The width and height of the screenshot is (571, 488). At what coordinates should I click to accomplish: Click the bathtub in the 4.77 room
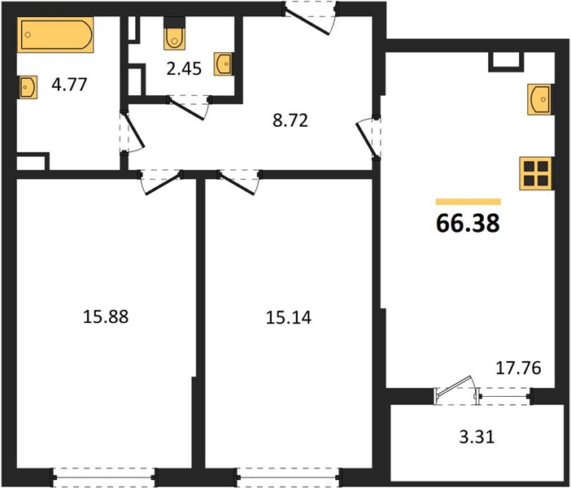point(55,34)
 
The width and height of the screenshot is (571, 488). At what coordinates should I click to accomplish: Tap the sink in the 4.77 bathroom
point(28,87)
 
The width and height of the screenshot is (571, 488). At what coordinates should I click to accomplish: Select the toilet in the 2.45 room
point(174,34)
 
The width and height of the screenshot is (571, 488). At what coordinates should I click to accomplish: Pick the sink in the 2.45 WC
point(224,64)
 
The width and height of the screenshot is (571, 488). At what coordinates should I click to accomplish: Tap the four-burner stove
point(537,173)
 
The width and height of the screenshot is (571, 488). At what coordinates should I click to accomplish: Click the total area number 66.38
point(468,223)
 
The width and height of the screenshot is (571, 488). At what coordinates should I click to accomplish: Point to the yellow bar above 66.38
point(469,202)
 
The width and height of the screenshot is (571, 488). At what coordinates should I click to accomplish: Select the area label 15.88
point(106,316)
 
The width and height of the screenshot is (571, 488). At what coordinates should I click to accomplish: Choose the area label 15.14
point(289,317)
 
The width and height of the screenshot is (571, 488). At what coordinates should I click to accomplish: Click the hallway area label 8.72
point(290,120)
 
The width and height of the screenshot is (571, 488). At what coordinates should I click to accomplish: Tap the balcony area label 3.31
point(477,437)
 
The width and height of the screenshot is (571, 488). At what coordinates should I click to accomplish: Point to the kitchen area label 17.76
point(519,368)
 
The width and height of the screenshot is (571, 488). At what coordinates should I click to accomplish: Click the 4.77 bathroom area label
point(69,85)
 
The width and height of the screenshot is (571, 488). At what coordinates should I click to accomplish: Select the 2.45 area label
point(184,68)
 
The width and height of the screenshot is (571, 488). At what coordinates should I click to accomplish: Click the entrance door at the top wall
point(310,18)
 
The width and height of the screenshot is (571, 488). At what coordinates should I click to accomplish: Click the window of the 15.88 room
point(104,477)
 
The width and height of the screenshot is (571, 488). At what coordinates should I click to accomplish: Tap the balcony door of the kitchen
point(456,390)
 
